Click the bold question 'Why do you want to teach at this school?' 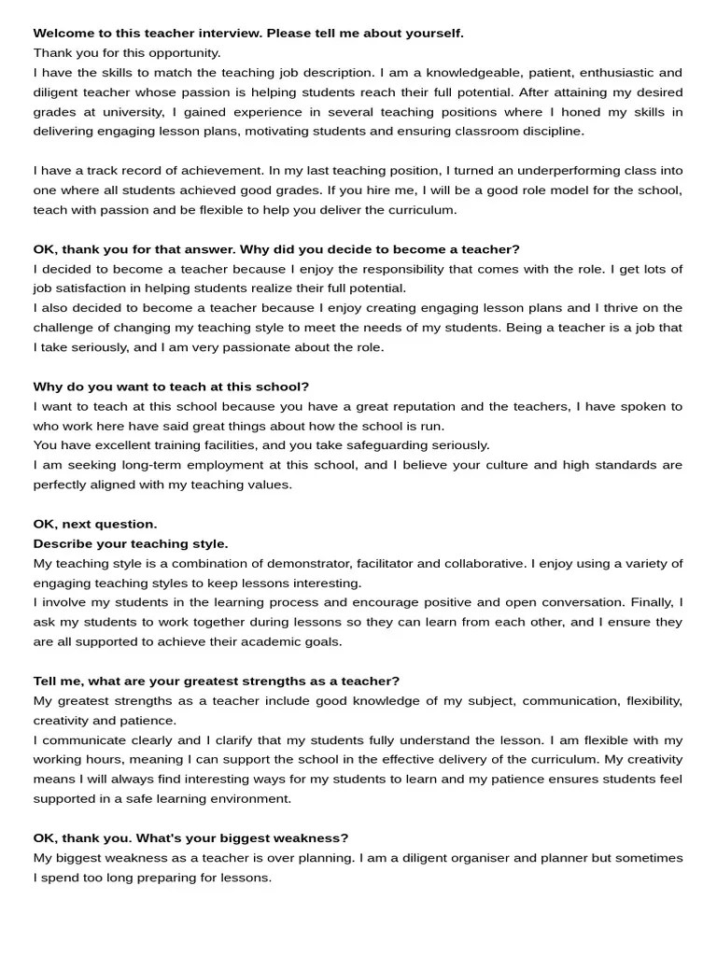click(171, 387)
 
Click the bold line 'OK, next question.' click(95, 524)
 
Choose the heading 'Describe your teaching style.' click(131, 543)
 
